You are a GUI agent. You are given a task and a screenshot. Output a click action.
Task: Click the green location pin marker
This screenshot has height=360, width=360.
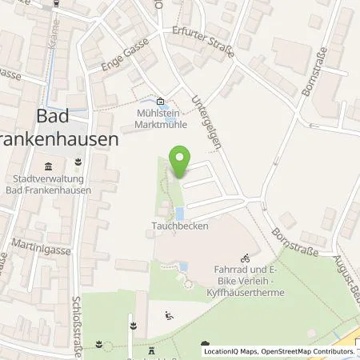click(181, 163)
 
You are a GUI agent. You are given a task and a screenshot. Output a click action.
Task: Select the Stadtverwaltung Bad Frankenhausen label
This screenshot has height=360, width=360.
click(46, 186)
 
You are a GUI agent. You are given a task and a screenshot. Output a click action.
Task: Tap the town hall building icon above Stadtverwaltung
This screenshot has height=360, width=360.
click(46, 166)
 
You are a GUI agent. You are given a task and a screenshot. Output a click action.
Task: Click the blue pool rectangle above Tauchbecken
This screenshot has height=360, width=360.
click(179, 214)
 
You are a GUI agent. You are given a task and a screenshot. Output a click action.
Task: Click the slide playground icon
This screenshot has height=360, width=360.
click(168, 315)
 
